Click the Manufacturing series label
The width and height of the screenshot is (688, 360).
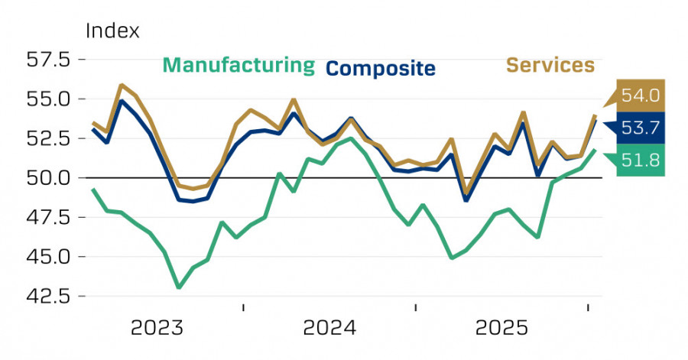point(239,65)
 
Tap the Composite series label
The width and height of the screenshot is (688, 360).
point(381,68)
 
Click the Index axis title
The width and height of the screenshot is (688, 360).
point(113,31)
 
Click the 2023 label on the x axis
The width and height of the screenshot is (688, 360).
point(157,329)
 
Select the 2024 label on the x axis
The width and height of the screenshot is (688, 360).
point(329,329)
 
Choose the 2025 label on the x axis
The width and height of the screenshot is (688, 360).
point(501,329)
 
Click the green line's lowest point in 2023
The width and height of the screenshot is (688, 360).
point(178,287)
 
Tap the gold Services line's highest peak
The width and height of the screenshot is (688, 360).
point(122,85)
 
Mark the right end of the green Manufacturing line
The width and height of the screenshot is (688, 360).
point(596,150)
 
